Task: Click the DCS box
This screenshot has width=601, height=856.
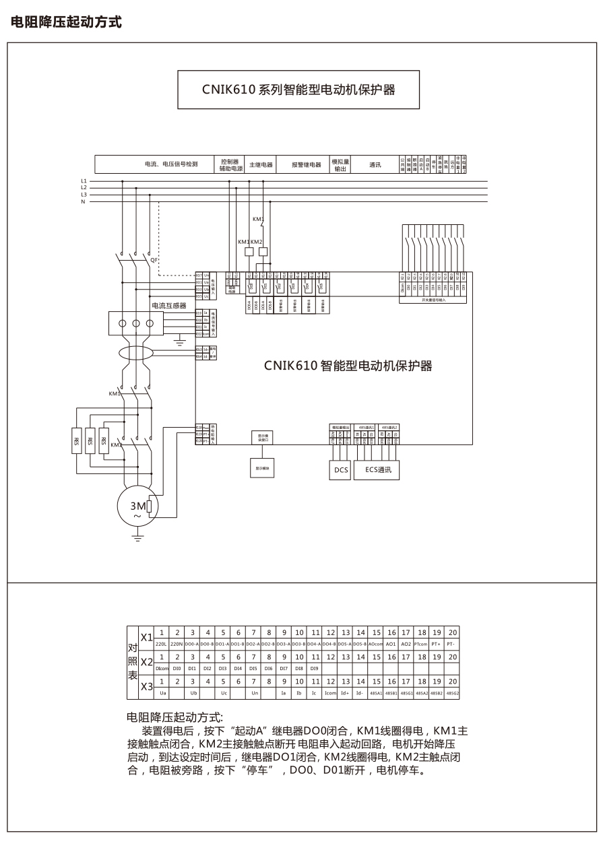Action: [x=340, y=470]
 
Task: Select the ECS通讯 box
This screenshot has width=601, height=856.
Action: [x=377, y=470]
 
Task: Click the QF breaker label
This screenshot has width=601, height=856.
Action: [x=154, y=259]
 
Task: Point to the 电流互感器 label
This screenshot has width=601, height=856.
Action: [x=168, y=305]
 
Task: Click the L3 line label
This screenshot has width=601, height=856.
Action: [x=84, y=195]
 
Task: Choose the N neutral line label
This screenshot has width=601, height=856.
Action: [x=84, y=201]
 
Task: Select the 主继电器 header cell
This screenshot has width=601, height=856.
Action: [x=261, y=164]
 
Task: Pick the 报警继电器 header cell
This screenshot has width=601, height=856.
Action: [x=306, y=164]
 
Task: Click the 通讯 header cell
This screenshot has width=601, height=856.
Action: [x=375, y=164]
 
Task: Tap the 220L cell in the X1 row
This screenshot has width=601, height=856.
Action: [x=162, y=645]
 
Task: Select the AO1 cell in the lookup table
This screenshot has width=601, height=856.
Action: [x=391, y=645]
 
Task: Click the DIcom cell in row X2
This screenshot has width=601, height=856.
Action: [x=162, y=669]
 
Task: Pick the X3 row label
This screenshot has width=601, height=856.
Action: [x=146, y=687]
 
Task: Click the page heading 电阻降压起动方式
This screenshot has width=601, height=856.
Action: [x=66, y=22]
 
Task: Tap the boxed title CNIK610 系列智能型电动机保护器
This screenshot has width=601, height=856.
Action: [x=298, y=89]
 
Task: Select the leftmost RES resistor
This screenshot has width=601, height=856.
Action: [x=76, y=441]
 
